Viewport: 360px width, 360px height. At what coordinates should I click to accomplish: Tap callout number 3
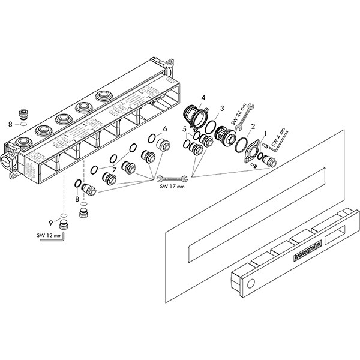[x=221, y=109]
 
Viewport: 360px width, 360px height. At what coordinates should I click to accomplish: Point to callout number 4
[x=203, y=97]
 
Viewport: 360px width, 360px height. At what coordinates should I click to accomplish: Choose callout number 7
[x=113, y=170]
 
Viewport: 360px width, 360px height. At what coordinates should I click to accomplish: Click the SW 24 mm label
[x=244, y=110]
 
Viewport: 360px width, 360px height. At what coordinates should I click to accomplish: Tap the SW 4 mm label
[x=277, y=137]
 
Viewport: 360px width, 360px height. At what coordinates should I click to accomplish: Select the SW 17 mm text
[x=173, y=187]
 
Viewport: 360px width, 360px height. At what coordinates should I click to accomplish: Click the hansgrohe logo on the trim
[x=307, y=248]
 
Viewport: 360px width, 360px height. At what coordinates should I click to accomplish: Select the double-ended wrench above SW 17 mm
[x=173, y=178]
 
